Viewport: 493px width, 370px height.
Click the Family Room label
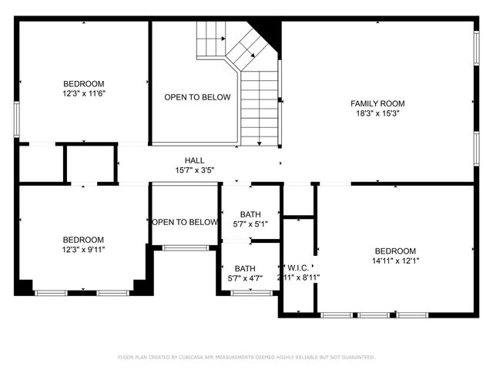click(x=377, y=103)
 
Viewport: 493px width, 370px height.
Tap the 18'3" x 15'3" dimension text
click(x=377, y=113)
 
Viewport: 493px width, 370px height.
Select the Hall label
click(x=194, y=160)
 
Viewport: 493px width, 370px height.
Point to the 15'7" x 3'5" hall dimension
click(x=194, y=170)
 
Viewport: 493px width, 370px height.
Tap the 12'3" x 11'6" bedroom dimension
click(x=83, y=93)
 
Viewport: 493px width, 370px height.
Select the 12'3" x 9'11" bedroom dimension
click(x=83, y=250)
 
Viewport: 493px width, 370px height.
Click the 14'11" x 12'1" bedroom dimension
click(x=395, y=261)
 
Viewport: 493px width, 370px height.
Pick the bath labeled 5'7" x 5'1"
click(x=250, y=220)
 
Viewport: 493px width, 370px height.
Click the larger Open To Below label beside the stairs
click(x=197, y=97)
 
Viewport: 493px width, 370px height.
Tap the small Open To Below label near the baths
click(x=185, y=222)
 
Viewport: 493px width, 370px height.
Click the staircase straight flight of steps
click(x=259, y=108)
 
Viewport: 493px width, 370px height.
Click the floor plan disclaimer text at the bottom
click(x=246, y=357)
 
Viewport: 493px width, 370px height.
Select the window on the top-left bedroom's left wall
click(x=16, y=119)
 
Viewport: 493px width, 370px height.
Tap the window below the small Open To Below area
click(x=185, y=247)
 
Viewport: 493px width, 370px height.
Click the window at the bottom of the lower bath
click(x=252, y=293)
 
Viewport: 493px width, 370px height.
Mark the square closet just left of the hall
click(x=90, y=163)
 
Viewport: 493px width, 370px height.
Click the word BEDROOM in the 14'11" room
click(x=395, y=251)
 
